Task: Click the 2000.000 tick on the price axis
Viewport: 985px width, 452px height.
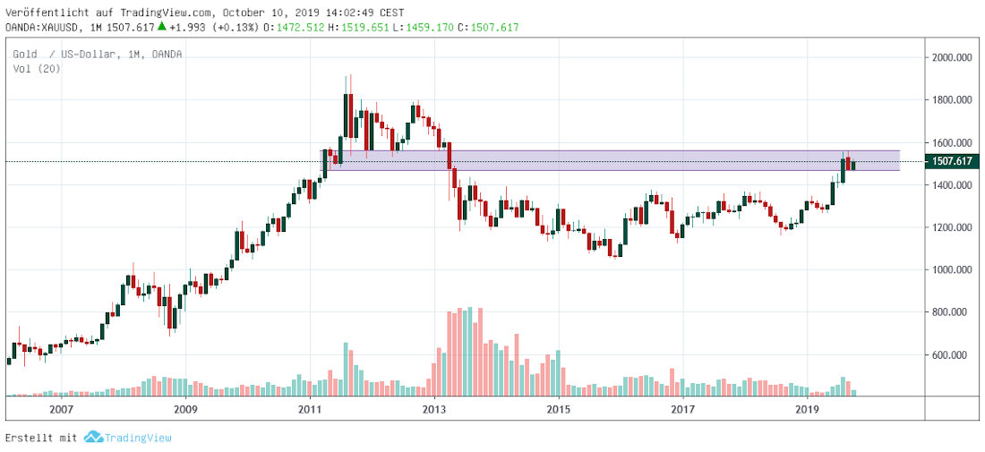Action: click(x=952, y=57)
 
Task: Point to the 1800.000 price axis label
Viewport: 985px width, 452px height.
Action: click(x=952, y=100)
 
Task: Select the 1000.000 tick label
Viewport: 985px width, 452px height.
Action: click(x=952, y=270)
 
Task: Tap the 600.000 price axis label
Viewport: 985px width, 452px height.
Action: click(x=952, y=355)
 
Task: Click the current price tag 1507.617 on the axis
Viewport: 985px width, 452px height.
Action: click(x=951, y=161)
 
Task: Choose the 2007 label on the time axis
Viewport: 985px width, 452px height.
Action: click(x=60, y=409)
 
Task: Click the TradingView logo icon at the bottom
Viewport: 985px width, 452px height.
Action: click(x=93, y=438)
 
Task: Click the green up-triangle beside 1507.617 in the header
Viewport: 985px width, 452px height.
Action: click(x=161, y=27)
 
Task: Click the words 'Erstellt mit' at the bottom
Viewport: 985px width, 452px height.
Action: click(x=41, y=439)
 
